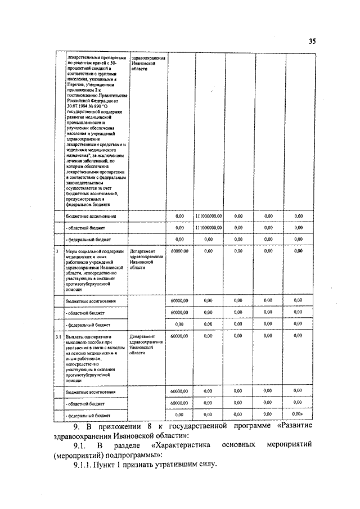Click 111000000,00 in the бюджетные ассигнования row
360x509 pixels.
point(209,216)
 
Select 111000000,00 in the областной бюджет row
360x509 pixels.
point(209,228)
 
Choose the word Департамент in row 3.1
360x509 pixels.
point(143,336)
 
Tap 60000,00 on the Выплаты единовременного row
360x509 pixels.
point(179,336)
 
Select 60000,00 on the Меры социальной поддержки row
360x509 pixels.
point(179,251)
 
